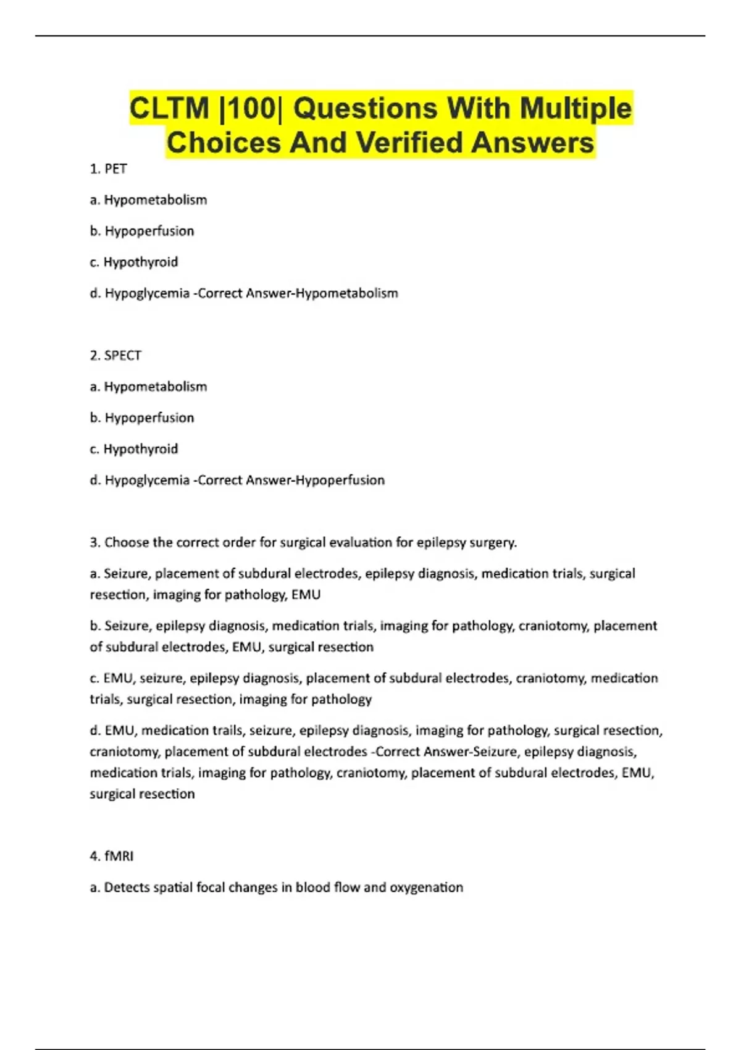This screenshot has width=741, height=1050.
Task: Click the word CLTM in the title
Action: click(169, 109)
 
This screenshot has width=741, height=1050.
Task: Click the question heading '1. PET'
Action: click(109, 169)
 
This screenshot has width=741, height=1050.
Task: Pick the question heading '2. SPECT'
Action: click(115, 355)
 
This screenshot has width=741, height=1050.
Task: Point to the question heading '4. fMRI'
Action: click(112, 856)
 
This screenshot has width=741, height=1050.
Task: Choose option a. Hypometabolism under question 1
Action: click(148, 199)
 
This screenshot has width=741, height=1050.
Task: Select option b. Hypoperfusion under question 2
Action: click(142, 418)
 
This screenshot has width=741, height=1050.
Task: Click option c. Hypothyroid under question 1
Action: click(134, 262)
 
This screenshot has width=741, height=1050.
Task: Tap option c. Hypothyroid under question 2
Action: click(134, 448)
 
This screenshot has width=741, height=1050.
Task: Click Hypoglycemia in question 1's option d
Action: click(147, 293)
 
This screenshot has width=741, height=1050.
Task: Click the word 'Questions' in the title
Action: click(366, 109)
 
